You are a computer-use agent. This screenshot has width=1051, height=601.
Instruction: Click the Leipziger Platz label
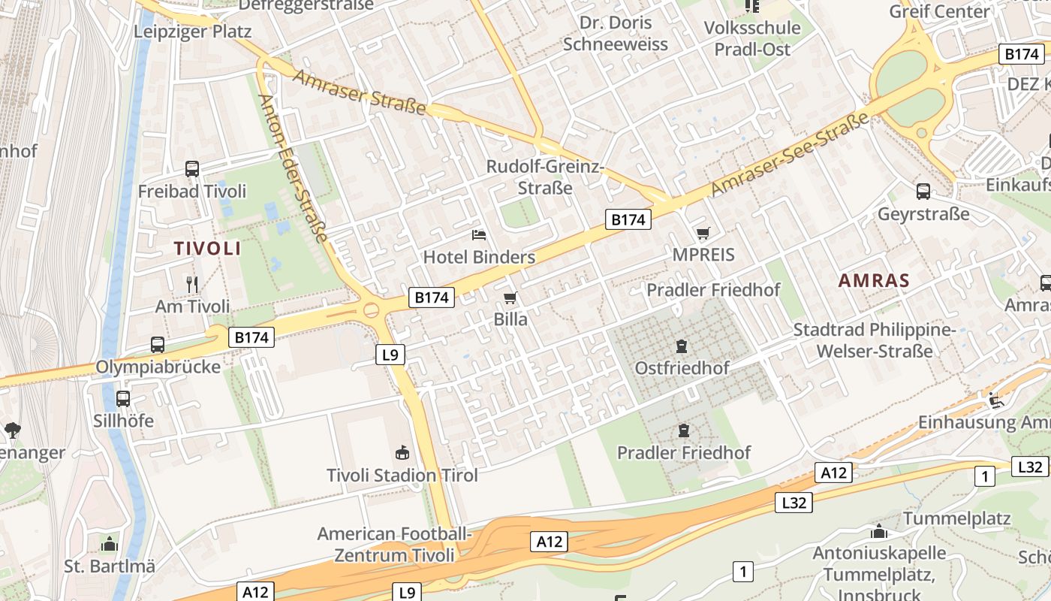[192, 32]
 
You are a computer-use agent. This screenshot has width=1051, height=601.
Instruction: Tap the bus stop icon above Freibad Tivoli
[192, 169]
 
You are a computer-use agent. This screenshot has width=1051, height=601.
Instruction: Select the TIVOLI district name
[207, 248]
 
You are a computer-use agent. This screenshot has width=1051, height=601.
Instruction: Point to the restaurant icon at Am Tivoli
[192, 284]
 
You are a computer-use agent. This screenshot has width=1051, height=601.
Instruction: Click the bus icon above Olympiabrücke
[158, 345]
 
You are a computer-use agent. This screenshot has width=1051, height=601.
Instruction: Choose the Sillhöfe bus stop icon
[123, 399]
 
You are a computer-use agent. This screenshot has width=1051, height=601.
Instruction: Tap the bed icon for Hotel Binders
[479, 235]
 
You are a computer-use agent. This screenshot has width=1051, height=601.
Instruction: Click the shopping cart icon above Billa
[510, 298]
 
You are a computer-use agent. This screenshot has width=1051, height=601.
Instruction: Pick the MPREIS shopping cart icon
[703, 234]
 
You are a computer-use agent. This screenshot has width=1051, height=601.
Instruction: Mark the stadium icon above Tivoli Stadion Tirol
[402, 453]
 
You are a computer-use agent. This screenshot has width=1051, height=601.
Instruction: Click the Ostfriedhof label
[682, 368]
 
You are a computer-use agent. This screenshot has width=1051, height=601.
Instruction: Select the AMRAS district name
[874, 281]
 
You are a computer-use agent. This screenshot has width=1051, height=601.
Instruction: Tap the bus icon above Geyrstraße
[923, 192]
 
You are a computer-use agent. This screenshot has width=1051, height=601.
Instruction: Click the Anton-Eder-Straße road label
[293, 169]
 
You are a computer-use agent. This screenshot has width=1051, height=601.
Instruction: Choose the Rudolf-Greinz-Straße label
[545, 177]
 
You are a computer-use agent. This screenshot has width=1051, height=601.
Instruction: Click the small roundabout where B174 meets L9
[371, 310]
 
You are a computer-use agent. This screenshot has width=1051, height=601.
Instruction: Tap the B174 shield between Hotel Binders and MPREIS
[628, 219]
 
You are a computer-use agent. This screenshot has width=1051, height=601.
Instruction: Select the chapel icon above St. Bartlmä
[110, 544]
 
